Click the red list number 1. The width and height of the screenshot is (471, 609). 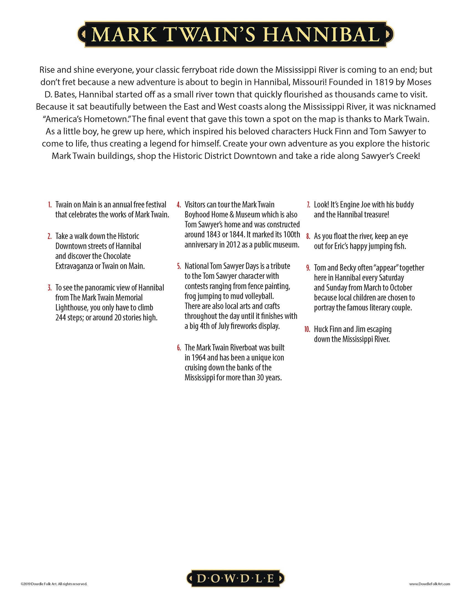coord(50,205)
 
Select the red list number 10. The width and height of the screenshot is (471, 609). coord(307,330)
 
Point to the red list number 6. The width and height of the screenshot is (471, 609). coord(179,348)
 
